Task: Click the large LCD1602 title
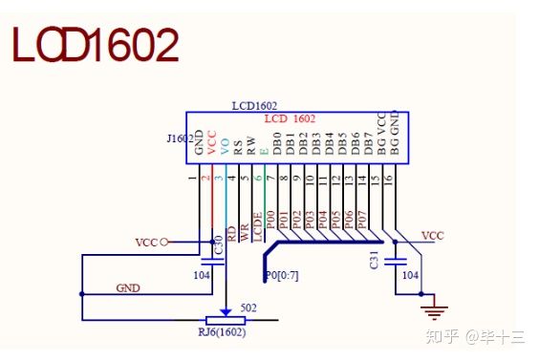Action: point(96,45)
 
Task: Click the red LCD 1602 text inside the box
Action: point(290,118)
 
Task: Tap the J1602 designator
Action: point(180,138)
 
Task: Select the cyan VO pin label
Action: point(225,146)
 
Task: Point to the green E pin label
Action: point(264,151)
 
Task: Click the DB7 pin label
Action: point(368,143)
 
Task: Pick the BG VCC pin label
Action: point(381,134)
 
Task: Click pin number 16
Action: point(388,179)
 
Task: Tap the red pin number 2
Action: point(205,178)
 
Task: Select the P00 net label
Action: point(270,220)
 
